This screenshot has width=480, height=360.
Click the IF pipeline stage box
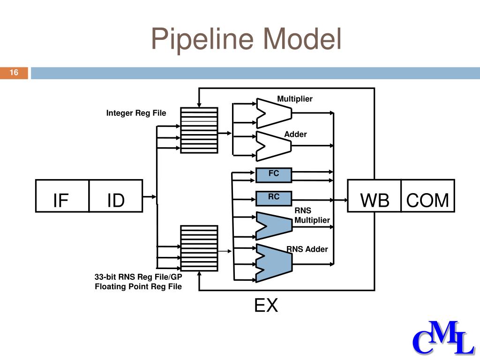click(x=62, y=196)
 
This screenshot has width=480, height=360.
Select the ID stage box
click(x=116, y=196)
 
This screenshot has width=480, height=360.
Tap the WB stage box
click(x=374, y=196)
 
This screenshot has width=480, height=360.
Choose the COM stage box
click(x=427, y=196)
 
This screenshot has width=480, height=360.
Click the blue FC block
click(x=274, y=175)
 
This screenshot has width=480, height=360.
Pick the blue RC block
click(x=274, y=198)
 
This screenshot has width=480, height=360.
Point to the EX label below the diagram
click(x=266, y=305)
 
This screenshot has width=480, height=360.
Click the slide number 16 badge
click(x=14, y=73)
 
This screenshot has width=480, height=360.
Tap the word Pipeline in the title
click(x=202, y=39)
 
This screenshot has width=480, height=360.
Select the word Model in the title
click(x=302, y=38)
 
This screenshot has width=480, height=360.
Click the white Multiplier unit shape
click(x=274, y=113)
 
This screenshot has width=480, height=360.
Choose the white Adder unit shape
click(x=274, y=146)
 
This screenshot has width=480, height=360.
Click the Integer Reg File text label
click(x=136, y=113)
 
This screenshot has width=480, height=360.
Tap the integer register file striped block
click(x=199, y=130)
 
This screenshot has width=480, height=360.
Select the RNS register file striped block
click(x=199, y=248)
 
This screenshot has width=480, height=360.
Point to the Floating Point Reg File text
click(x=138, y=286)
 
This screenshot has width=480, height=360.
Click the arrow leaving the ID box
click(x=150, y=196)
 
